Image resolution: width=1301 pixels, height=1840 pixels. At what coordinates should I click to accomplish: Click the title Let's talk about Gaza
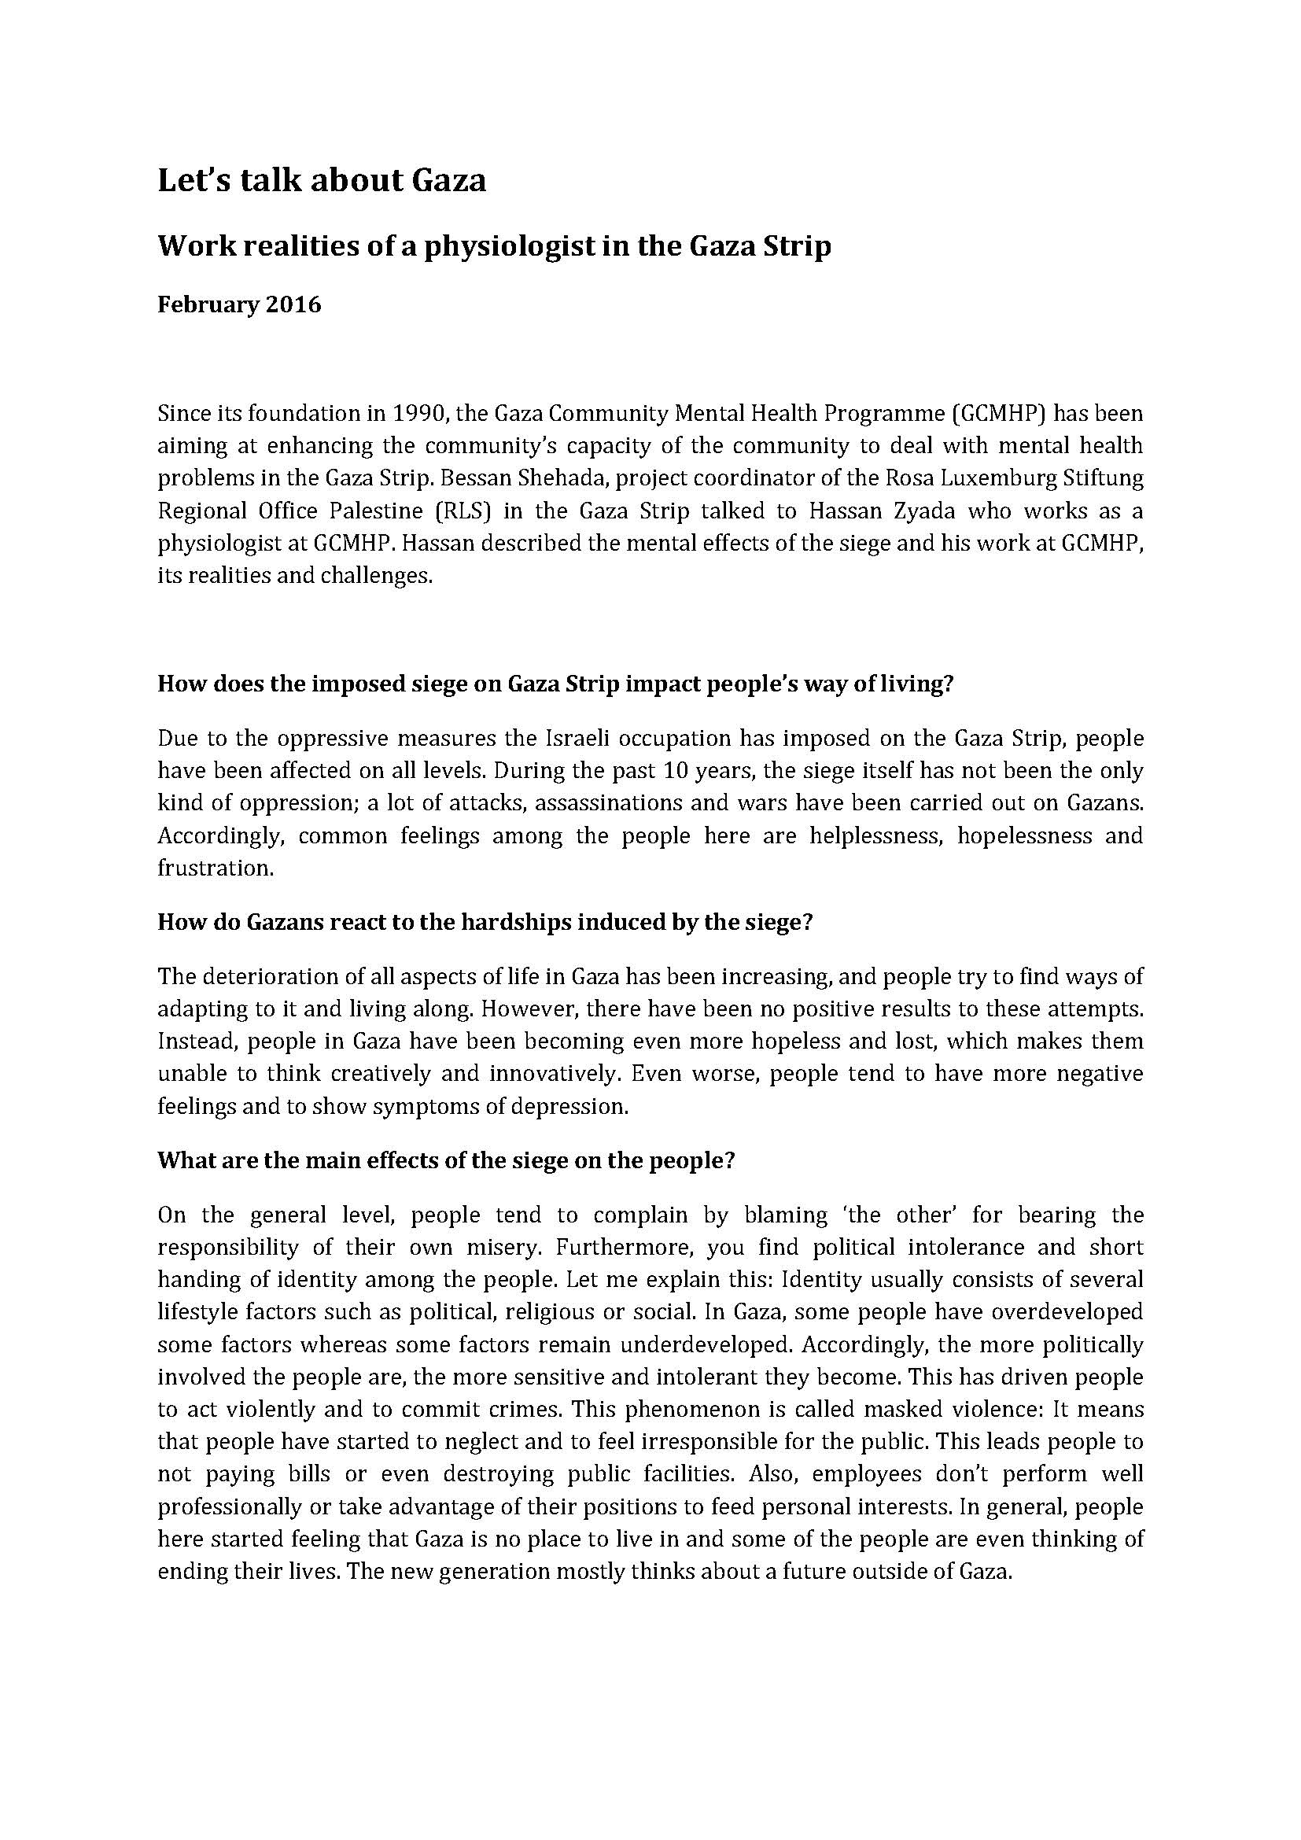point(321,180)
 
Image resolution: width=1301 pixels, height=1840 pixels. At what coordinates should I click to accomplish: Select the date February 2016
point(239,305)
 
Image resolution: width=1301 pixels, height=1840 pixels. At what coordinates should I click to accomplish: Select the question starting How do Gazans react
point(485,923)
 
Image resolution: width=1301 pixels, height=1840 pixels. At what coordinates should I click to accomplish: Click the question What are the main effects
point(445,1161)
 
